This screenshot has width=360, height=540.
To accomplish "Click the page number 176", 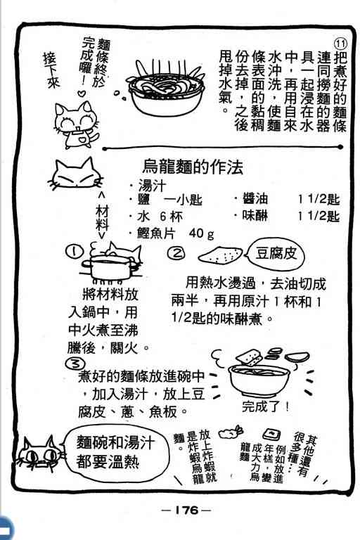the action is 186,510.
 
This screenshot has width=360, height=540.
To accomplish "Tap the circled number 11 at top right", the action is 340,44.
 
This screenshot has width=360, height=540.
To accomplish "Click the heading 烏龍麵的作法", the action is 193,167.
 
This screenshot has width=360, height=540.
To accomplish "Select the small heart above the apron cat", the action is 82,93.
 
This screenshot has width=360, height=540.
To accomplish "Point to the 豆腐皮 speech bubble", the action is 276,254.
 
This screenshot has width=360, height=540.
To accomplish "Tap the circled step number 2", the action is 176,253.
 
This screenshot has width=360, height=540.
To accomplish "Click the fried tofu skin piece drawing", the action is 220,255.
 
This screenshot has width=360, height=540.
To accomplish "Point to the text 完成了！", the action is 266,406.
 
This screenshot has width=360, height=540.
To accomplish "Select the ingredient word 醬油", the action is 255,199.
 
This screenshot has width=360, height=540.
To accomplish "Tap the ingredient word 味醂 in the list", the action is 255,216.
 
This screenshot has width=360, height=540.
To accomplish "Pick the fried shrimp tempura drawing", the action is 231,432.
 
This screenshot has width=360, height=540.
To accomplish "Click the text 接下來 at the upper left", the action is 51,70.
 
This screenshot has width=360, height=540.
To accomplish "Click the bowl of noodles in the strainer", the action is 166,90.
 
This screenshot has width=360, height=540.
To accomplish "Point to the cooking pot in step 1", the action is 110,266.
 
